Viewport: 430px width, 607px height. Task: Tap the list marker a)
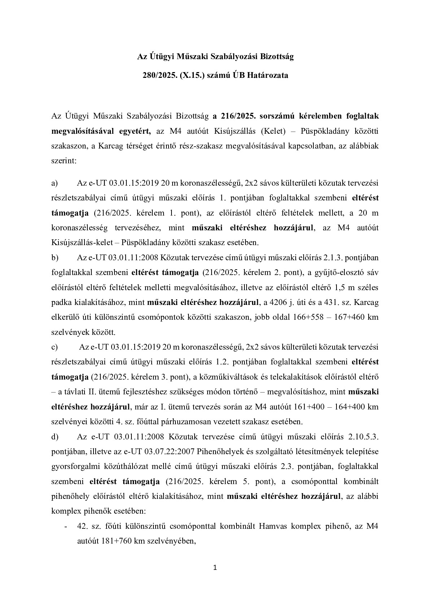point(55,183)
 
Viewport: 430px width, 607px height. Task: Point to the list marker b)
point(55,258)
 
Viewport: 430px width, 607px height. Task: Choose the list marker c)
point(55,347)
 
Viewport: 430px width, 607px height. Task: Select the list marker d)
point(55,437)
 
